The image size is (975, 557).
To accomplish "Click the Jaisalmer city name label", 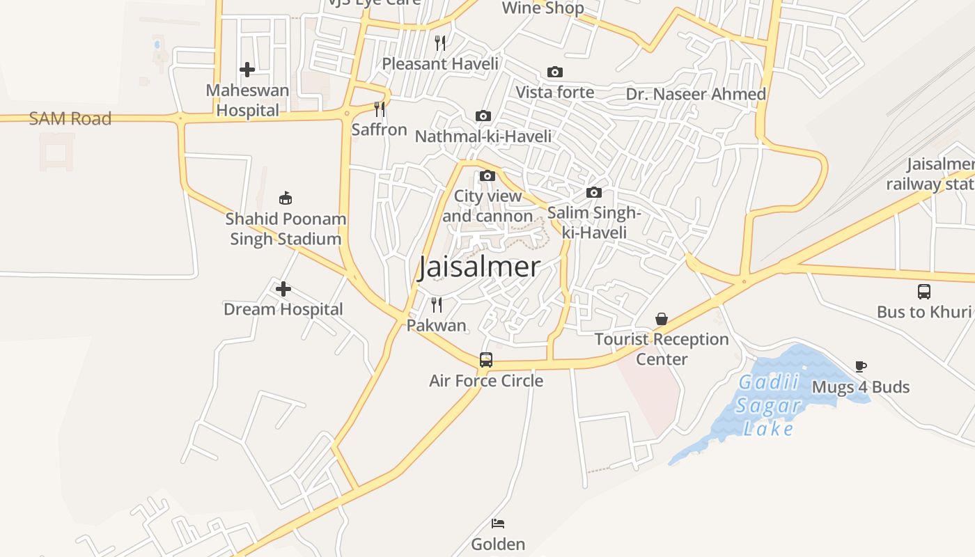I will (x=479, y=267).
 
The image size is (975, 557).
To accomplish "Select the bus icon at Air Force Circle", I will (x=486, y=360).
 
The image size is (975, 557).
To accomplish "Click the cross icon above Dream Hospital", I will (x=283, y=289).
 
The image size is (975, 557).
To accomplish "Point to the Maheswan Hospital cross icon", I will (x=247, y=70).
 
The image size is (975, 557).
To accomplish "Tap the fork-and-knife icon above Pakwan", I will (x=437, y=305).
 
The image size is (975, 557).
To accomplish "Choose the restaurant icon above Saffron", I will (x=380, y=109).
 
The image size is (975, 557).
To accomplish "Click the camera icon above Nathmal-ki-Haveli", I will (x=483, y=116).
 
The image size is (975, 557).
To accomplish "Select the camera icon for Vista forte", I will (x=555, y=72).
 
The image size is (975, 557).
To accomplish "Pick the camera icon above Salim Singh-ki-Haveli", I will (x=594, y=193).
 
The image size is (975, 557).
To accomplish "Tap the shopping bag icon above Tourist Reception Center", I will (x=662, y=319).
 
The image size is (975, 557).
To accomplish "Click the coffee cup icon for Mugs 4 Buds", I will (x=861, y=366).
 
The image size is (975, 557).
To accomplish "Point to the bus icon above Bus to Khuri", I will (x=924, y=291).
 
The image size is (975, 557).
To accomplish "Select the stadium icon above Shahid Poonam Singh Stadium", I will (x=286, y=198).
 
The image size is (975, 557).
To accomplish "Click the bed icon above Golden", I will (x=498, y=524).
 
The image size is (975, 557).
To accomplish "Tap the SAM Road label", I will (x=70, y=118).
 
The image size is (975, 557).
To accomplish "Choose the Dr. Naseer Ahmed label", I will (x=696, y=94).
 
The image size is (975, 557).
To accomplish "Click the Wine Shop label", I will (x=543, y=8).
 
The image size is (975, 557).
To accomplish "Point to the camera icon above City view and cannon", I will (x=487, y=175).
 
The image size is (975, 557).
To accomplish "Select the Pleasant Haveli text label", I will (x=440, y=64).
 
